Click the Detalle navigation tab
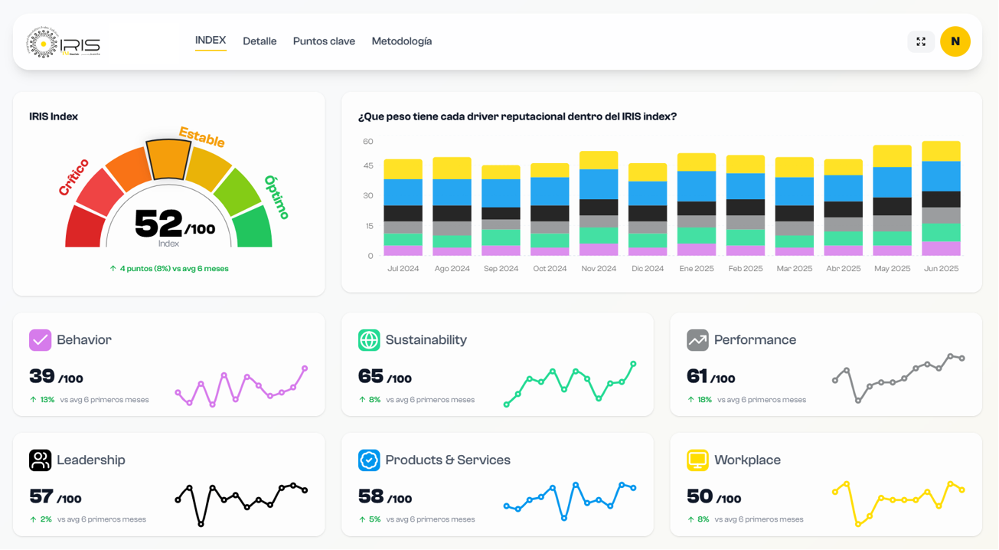[260, 41]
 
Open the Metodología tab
[401, 41]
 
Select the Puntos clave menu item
[324, 41]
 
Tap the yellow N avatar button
[955, 41]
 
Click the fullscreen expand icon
[921, 41]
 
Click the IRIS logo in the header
[64, 43]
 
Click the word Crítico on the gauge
[74, 177]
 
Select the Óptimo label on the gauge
[276, 197]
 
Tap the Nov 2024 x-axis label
[599, 269]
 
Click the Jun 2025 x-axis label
[941, 269]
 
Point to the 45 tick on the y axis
[368, 165]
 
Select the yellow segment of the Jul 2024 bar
[403, 169]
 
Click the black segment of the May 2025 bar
[892, 206]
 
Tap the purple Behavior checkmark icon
[40, 339]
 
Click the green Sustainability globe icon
[369, 339]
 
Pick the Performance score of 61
[697, 376]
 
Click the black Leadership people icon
[40, 460]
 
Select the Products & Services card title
[447, 460]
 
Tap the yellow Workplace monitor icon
[697, 460]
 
